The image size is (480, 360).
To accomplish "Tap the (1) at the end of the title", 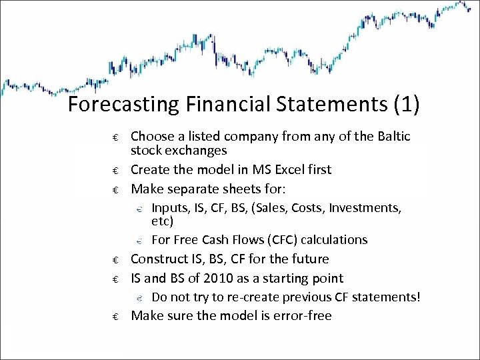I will (407, 105).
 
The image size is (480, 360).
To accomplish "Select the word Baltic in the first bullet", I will (391, 137).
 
